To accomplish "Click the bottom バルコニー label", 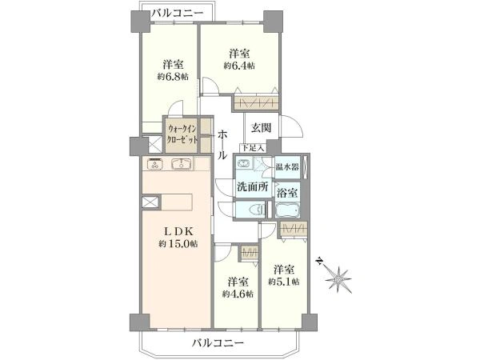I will pyautogui.click(x=218, y=344).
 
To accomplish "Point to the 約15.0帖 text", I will pyautogui.click(x=177, y=244).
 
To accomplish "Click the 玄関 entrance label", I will pyautogui.click(x=262, y=127).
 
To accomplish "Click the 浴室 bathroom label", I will pyautogui.click(x=287, y=192).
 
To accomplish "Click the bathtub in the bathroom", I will pyautogui.click(x=288, y=211).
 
